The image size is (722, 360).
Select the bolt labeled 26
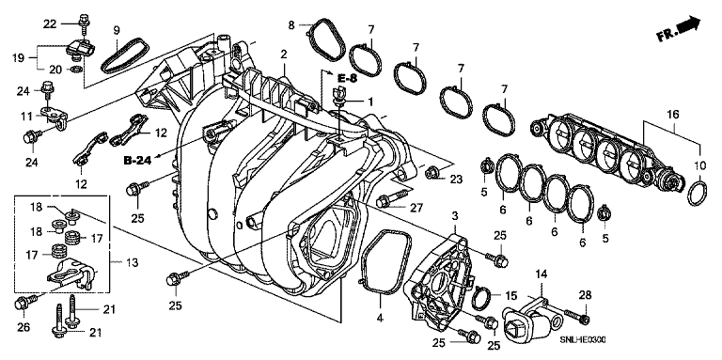(24, 303)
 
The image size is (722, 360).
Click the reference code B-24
(137, 161)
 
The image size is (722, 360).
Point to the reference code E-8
(347, 78)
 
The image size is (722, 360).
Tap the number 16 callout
(673, 115)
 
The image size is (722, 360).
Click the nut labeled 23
(432, 173)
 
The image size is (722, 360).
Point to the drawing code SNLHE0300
(583, 339)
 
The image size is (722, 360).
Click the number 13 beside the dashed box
(132, 262)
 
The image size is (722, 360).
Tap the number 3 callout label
(454, 215)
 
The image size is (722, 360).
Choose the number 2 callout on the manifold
(284, 55)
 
